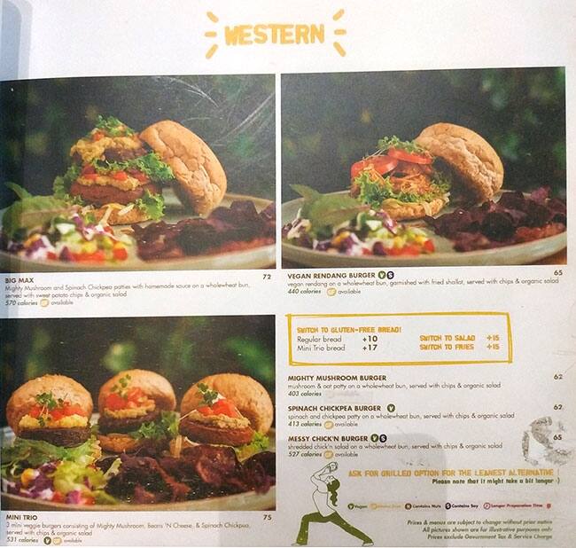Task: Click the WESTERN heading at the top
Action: tap(275, 35)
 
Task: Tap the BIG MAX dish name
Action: tap(19, 277)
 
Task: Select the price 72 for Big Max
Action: tap(266, 277)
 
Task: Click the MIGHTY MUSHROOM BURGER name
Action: tap(336, 377)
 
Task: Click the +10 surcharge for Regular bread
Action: tap(369, 338)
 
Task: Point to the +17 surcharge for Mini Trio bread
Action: tap(369, 347)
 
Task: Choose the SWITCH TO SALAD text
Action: tap(448, 338)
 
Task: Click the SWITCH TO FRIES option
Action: tap(448, 347)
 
